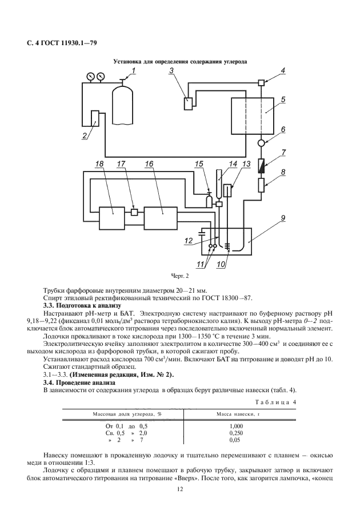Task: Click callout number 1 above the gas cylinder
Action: [x=133, y=70]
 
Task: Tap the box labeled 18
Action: [x=99, y=217]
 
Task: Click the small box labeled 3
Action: [x=187, y=103]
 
